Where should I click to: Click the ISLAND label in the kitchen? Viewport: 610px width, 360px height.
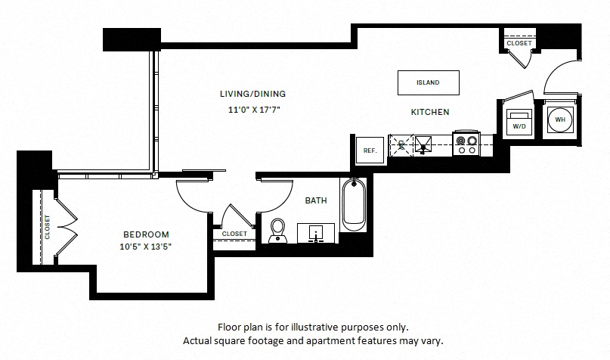[428, 82]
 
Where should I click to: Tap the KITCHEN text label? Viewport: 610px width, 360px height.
[430, 112]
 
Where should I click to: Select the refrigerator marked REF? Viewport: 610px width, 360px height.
[370, 151]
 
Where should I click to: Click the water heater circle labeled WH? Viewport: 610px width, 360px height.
[560, 119]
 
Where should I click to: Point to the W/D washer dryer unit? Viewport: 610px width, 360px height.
[519, 122]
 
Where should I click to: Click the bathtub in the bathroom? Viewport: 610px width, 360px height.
[354, 205]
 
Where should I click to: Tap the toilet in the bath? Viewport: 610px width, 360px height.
[277, 231]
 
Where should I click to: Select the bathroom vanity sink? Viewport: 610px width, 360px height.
[316, 234]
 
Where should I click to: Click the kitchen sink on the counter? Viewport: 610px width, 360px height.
[423, 144]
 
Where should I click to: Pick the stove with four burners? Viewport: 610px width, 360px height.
[466, 144]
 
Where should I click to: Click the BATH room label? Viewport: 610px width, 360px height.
[316, 201]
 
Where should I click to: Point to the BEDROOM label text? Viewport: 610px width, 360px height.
[147, 234]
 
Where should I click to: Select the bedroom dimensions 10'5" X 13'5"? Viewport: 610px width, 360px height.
[145, 247]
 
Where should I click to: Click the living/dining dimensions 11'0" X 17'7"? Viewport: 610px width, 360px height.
[254, 110]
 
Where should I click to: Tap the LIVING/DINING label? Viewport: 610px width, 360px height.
[253, 94]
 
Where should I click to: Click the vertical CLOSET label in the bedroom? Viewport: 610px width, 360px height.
[48, 228]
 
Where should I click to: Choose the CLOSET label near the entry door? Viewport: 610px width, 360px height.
[519, 43]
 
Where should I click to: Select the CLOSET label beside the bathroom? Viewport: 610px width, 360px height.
[234, 234]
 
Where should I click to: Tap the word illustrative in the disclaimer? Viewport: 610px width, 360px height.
[312, 327]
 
